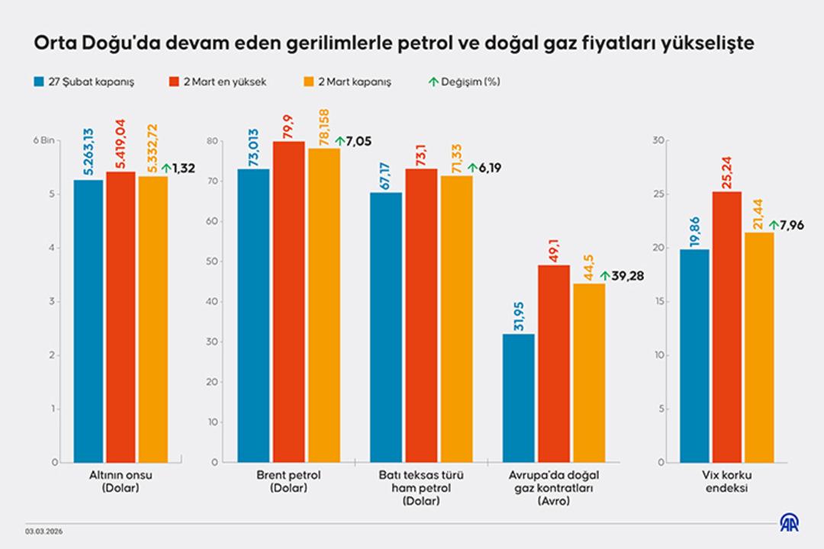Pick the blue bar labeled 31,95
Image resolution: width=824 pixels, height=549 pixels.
tap(519, 397)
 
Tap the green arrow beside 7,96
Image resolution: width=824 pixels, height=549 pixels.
tap(774, 225)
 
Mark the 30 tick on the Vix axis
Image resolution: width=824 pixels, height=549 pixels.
tap(661, 140)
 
